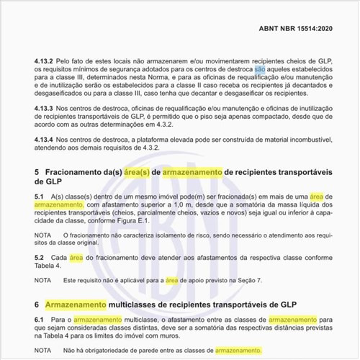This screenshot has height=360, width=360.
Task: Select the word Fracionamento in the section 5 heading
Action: [x=76, y=173]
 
